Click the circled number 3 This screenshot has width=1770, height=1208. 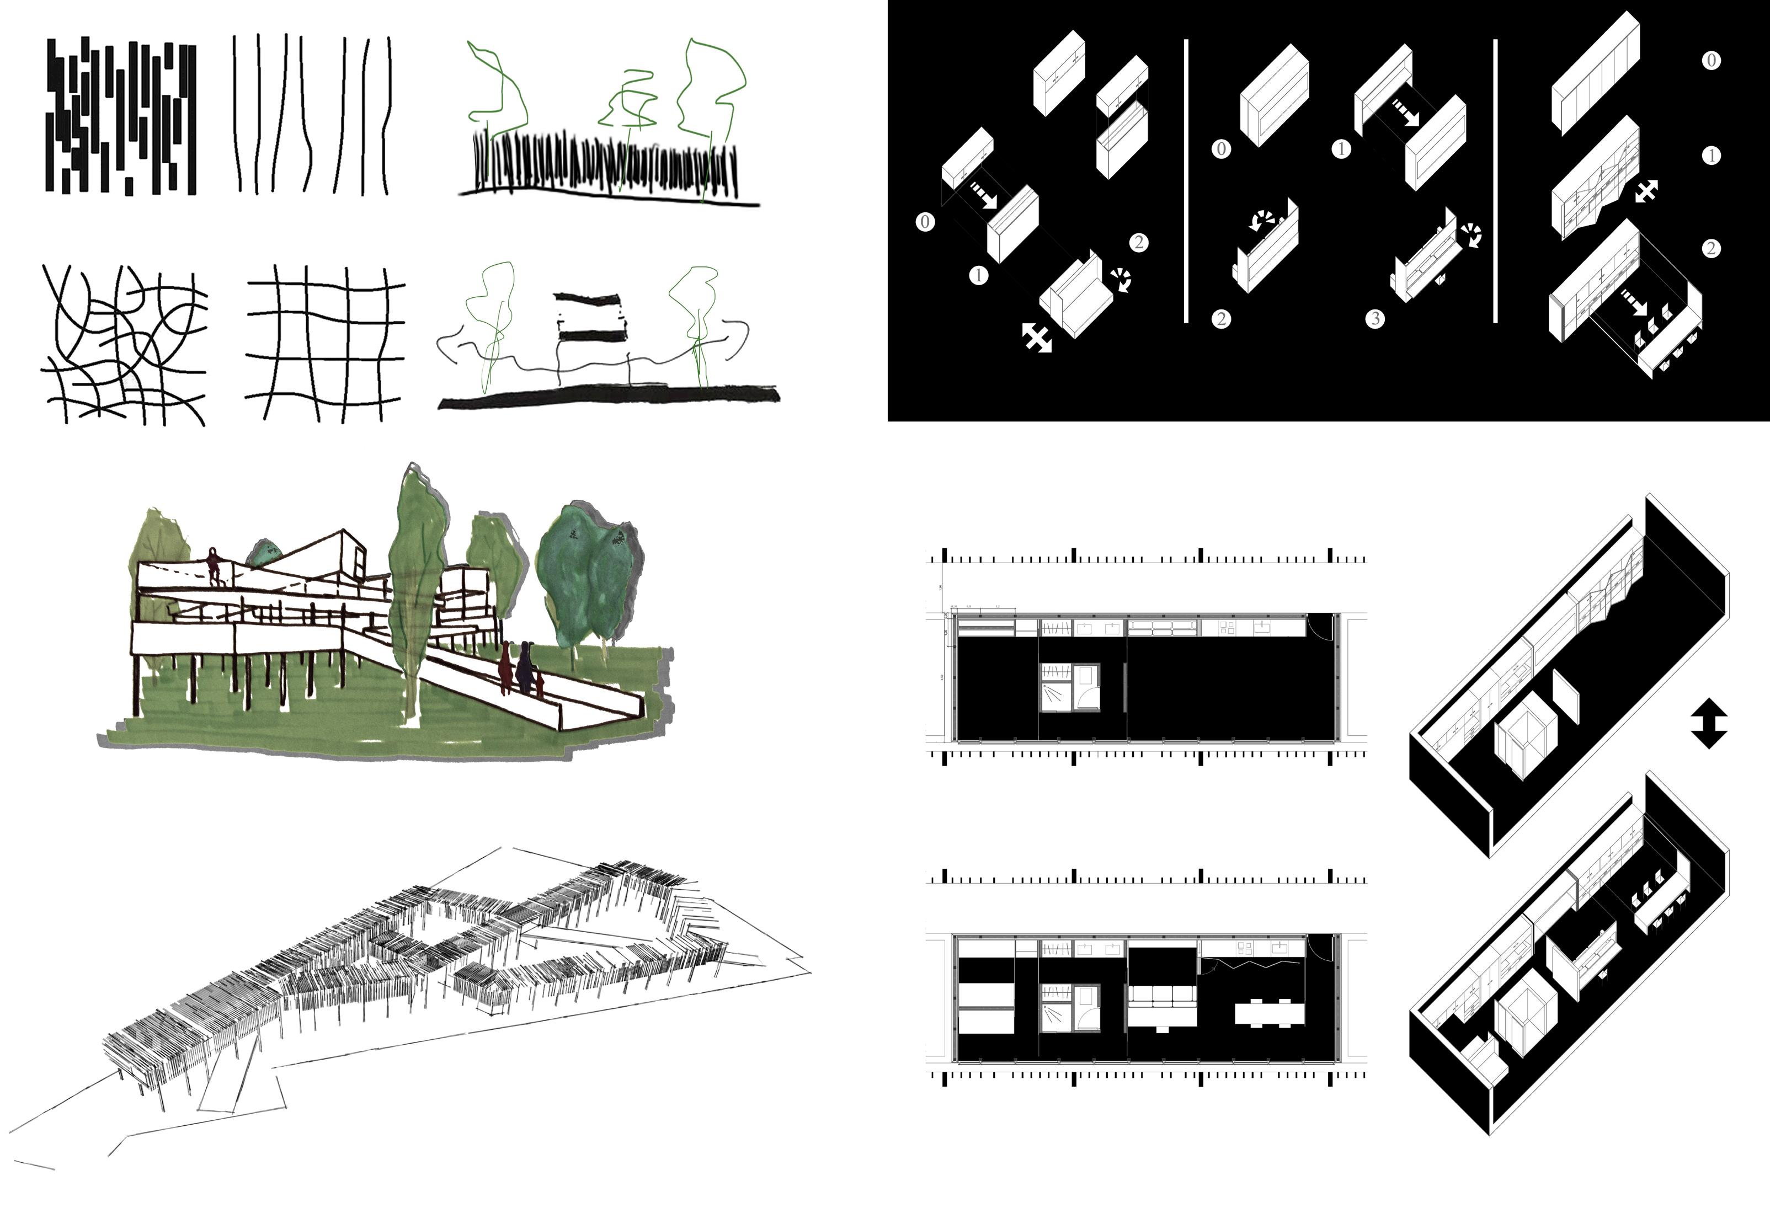click(1376, 318)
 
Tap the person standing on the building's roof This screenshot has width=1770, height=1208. click(214, 566)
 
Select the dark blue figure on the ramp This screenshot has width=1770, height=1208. click(525, 667)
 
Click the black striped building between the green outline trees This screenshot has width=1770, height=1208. click(591, 317)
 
